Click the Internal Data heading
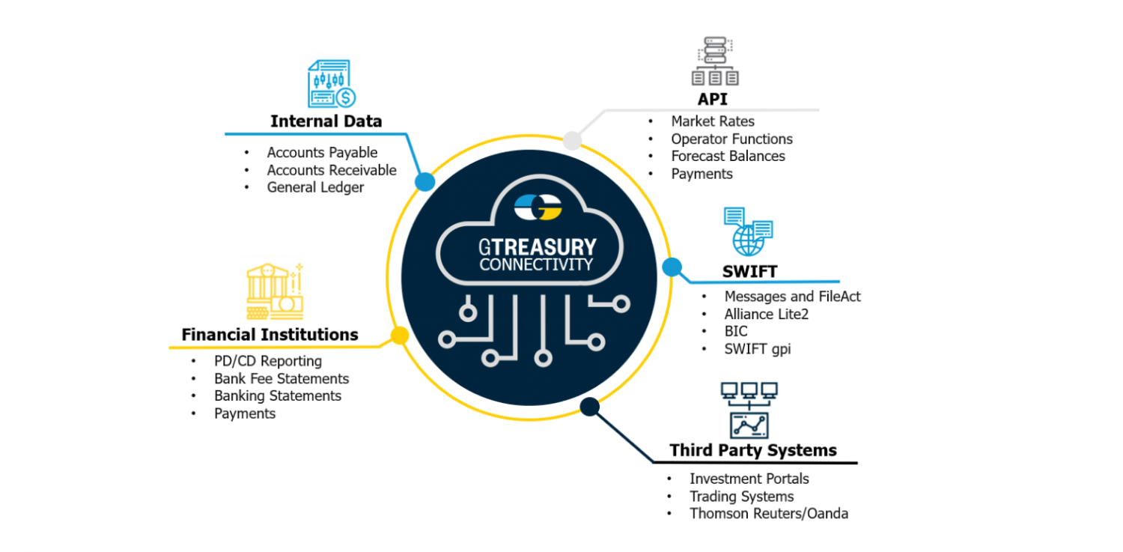click(x=326, y=121)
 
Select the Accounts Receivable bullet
click(x=331, y=170)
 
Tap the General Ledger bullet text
click(x=315, y=187)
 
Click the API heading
click(x=712, y=100)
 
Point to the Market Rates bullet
click(x=712, y=121)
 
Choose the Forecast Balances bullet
click(x=728, y=156)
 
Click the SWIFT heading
click(x=749, y=271)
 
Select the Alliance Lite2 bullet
click(x=766, y=314)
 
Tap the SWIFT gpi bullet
click(x=756, y=348)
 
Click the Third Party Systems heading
click(x=753, y=450)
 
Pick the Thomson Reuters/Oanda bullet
click(x=768, y=513)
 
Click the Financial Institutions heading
click(x=270, y=334)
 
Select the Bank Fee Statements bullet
click(x=281, y=378)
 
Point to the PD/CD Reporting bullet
click(x=268, y=361)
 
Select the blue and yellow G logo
click(x=539, y=207)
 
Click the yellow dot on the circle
click(x=400, y=336)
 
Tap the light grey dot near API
click(x=572, y=140)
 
